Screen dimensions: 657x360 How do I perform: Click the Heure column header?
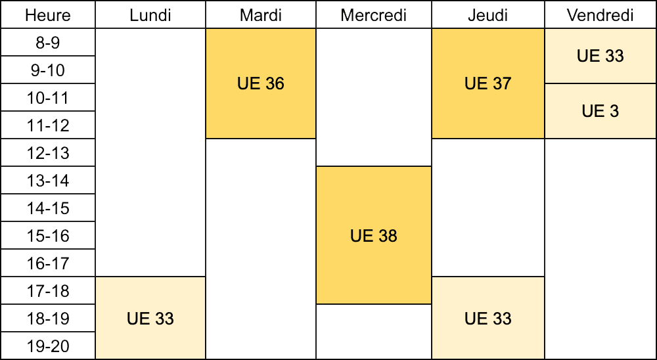click(x=48, y=15)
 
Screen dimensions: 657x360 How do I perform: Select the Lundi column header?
click(x=150, y=15)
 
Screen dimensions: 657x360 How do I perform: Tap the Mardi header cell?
click(x=261, y=15)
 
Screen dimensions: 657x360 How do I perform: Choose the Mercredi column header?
click(x=374, y=15)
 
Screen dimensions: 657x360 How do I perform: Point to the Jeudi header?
click(x=488, y=15)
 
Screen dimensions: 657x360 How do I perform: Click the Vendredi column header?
click(x=600, y=15)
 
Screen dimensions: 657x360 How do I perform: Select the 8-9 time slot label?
click(x=48, y=42)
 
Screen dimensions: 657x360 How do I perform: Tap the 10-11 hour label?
click(x=48, y=98)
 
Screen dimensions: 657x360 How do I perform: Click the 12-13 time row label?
click(x=48, y=152)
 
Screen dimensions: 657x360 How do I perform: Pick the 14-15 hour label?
click(x=48, y=208)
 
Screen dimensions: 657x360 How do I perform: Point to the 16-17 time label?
click(x=48, y=263)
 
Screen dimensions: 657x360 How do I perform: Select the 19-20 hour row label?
click(x=48, y=346)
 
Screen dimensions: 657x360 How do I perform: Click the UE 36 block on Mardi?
click(x=261, y=84)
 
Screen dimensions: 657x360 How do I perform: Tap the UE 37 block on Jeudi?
click(x=488, y=84)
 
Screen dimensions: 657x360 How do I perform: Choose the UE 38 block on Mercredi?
click(x=374, y=236)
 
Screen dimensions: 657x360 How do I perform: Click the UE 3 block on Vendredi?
click(x=600, y=111)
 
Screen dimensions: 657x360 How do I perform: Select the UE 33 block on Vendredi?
click(x=600, y=56)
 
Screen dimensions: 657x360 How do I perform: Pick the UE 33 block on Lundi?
click(x=150, y=318)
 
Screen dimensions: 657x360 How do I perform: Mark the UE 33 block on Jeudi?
click(x=488, y=318)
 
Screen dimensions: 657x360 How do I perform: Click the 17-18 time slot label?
click(x=48, y=291)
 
